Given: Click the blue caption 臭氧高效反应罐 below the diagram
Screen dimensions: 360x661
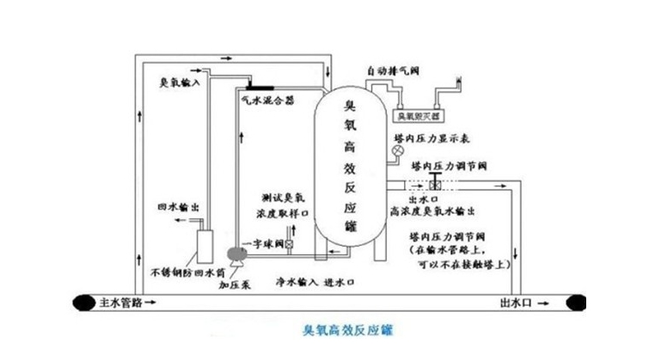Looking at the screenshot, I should pyautogui.click(x=347, y=330).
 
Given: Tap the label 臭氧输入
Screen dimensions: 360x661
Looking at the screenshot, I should pyautogui.click(x=179, y=83).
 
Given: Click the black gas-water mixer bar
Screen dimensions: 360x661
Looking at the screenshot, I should pyautogui.click(x=259, y=87).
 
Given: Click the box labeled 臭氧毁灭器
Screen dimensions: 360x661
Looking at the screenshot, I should pyautogui.click(x=416, y=113).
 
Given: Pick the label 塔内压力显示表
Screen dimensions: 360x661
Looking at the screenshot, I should pyautogui.click(x=444, y=137).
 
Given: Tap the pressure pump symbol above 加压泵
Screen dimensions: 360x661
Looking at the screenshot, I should pyautogui.click(x=233, y=253).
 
